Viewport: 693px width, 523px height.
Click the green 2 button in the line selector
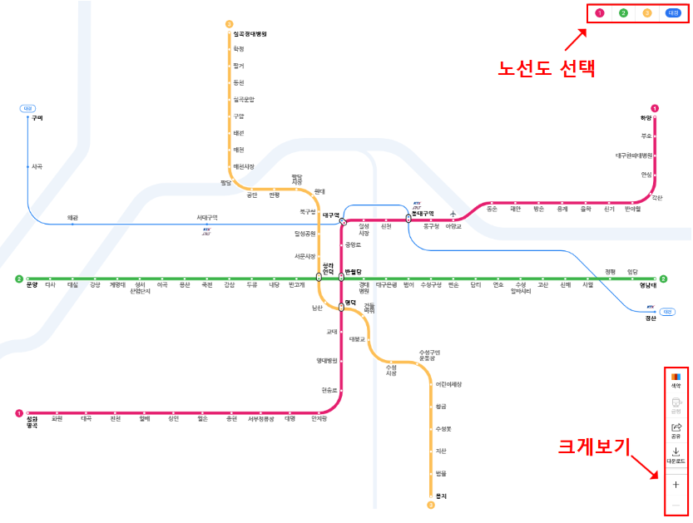tap(623, 13)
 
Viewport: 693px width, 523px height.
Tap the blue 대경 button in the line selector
tap(672, 13)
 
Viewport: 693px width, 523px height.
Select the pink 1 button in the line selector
tap(599, 13)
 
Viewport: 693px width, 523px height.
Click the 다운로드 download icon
tap(676, 455)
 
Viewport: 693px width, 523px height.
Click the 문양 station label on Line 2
tap(32, 285)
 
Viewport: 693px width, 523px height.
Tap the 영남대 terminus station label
tap(647, 285)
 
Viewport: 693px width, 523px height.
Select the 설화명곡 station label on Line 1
tap(32, 422)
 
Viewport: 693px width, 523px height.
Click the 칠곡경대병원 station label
tap(250, 34)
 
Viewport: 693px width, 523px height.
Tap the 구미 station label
tap(37, 118)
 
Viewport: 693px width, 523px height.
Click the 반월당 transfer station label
tap(354, 271)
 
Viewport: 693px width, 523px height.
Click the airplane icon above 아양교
tap(453, 213)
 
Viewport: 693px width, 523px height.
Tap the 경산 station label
tap(651, 318)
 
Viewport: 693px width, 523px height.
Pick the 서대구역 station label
tap(207, 218)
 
